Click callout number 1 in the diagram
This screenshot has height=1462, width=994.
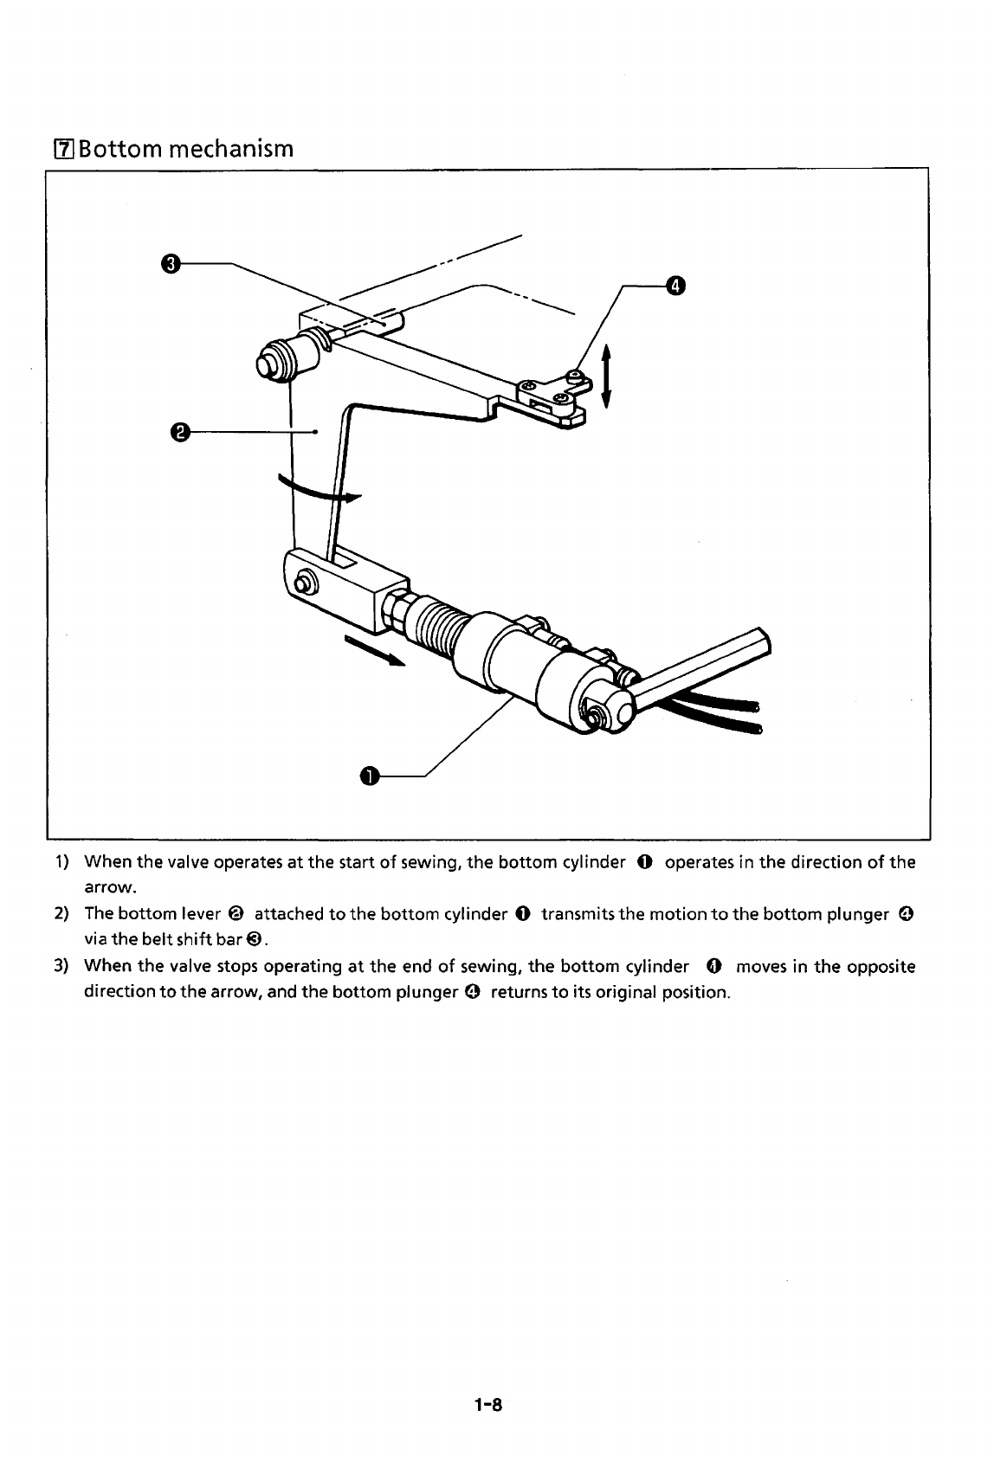click(x=370, y=776)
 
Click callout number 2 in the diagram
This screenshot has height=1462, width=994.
click(x=179, y=432)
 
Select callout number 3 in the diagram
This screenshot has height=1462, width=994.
click(x=171, y=264)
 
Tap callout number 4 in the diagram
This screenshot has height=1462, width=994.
click(x=675, y=286)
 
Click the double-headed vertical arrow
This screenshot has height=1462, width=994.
click(x=606, y=376)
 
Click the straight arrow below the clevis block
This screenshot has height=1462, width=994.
click(x=375, y=650)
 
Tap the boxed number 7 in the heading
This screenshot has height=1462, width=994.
click(x=64, y=150)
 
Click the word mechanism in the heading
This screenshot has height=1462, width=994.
click(x=231, y=149)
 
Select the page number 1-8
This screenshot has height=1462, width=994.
click(x=488, y=1405)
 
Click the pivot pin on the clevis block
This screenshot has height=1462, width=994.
click(x=302, y=583)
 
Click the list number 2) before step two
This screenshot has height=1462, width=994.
click(x=61, y=914)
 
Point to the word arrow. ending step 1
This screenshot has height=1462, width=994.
click(x=110, y=887)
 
